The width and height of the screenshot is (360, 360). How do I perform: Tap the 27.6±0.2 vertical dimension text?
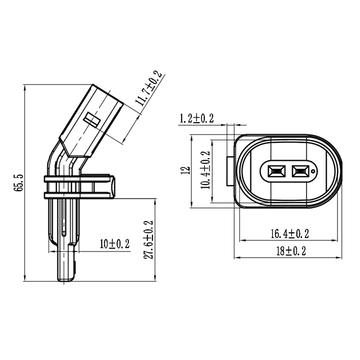click(x=148, y=240)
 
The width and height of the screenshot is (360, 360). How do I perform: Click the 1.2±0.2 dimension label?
click(x=196, y=118)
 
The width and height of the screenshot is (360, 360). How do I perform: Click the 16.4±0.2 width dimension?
click(x=290, y=233)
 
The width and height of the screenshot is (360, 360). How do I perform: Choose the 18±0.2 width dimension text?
click(x=290, y=251)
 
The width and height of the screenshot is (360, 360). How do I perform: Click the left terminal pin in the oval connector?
click(x=276, y=170)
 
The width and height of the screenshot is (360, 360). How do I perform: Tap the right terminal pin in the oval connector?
click(x=299, y=170)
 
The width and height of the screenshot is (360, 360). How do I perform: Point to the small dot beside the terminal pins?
click(x=313, y=170)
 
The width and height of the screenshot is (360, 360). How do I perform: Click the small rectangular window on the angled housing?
click(x=92, y=119)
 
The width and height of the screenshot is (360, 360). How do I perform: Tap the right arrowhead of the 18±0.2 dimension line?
click(x=339, y=258)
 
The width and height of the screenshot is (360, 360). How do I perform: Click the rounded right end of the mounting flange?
click(x=114, y=187)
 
